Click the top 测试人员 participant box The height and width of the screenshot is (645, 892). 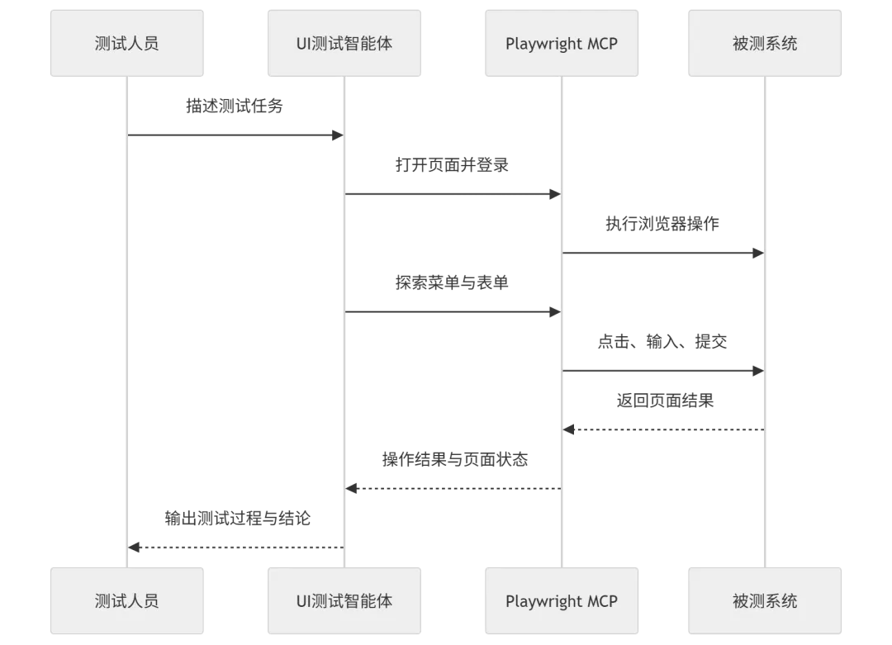coord(126,43)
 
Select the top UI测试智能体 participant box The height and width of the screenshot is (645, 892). coord(344,43)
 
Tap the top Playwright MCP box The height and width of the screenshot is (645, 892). coord(561,43)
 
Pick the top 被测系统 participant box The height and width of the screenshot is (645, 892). coord(765,43)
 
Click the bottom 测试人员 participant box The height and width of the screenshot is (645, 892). coord(126,600)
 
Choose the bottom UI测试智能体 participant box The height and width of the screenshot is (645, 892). coord(344,600)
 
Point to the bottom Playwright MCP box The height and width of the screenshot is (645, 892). coord(561,600)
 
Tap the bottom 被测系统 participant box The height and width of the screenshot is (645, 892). coord(765,600)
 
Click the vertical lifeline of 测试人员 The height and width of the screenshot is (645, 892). coord(129,330)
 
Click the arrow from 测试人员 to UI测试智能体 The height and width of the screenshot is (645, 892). coord(235,135)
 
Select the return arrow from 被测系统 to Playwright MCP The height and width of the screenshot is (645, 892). coord(661,429)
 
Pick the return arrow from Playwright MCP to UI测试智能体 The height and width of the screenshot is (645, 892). coord(453,489)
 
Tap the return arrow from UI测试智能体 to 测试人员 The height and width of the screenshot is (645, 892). coord(235,546)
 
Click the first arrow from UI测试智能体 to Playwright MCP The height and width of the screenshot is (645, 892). coord(453,194)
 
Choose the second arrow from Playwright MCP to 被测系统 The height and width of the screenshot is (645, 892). coord(661,372)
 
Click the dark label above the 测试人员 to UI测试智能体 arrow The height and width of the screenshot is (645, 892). coord(235,107)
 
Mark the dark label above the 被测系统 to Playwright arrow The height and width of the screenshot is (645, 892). coord(667,401)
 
